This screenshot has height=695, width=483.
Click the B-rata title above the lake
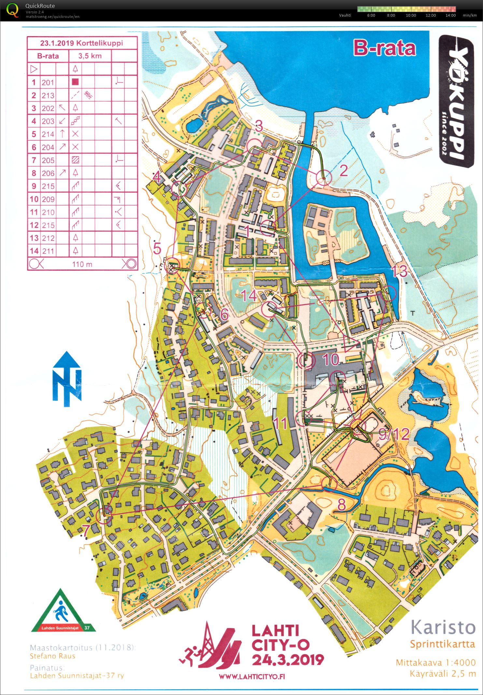point(384,48)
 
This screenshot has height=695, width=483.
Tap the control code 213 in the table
point(48,95)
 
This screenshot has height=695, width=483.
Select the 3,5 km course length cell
point(90,56)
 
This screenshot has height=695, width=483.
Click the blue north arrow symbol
point(67,379)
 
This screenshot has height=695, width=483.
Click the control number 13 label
point(400,271)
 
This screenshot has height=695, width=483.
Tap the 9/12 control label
point(394,434)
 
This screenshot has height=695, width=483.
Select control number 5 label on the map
point(157,249)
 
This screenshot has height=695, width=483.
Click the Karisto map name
point(442,627)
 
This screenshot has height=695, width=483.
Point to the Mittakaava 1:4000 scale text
point(435,662)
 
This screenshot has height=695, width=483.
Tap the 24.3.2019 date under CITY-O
point(288,659)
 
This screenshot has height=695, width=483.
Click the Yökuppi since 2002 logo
point(456,101)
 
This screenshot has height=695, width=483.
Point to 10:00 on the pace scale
point(411,15)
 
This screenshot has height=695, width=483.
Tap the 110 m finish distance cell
point(82,264)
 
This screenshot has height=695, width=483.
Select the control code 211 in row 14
point(48,251)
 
